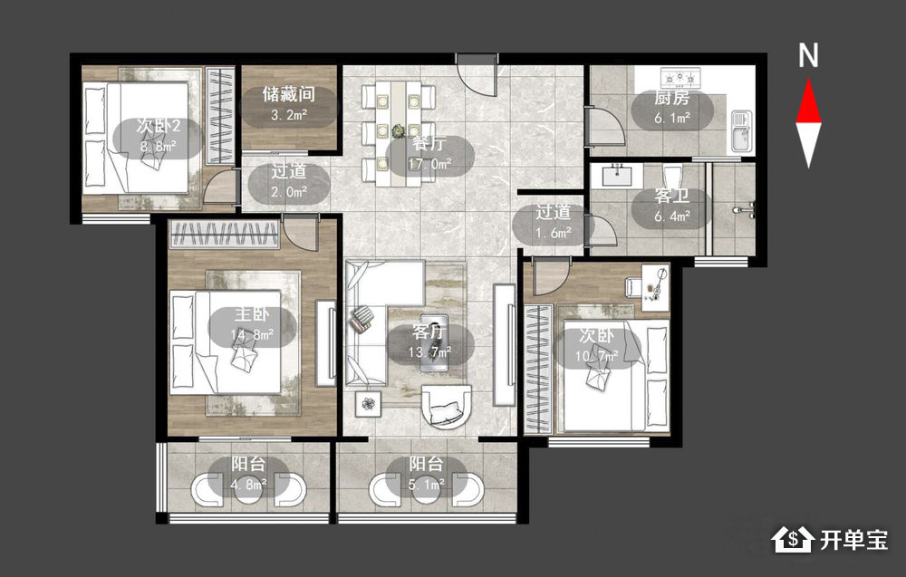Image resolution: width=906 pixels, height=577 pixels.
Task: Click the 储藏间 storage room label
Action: point(288,93)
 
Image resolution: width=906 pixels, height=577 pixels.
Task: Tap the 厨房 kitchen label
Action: point(671,98)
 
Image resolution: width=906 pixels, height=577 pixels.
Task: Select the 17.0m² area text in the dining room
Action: point(429,164)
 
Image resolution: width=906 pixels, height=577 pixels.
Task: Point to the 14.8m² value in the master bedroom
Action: point(252,334)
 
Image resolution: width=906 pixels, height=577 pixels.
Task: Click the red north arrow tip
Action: point(808,81)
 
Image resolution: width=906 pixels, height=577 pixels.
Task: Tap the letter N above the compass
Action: point(808,55)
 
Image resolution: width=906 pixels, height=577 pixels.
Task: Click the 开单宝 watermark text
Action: point(853,540)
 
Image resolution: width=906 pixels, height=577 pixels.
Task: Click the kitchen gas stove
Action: point(680,75)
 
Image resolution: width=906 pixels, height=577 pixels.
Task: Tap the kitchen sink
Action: point(743,131)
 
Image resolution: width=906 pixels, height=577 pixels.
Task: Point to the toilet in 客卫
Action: point(672,176)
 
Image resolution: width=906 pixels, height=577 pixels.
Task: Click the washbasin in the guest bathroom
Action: point(622,175)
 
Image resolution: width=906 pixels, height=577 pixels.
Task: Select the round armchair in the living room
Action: point(446,406)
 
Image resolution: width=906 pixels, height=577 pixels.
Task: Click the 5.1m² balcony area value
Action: point(427,485)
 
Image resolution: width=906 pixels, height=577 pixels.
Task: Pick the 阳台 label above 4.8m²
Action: point(248,463)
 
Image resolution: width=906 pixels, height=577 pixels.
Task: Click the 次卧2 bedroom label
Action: point(159,125)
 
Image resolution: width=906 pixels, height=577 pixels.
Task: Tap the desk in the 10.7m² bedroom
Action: point(655,287)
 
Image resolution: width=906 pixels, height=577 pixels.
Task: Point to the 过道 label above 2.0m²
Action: point(288,171)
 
